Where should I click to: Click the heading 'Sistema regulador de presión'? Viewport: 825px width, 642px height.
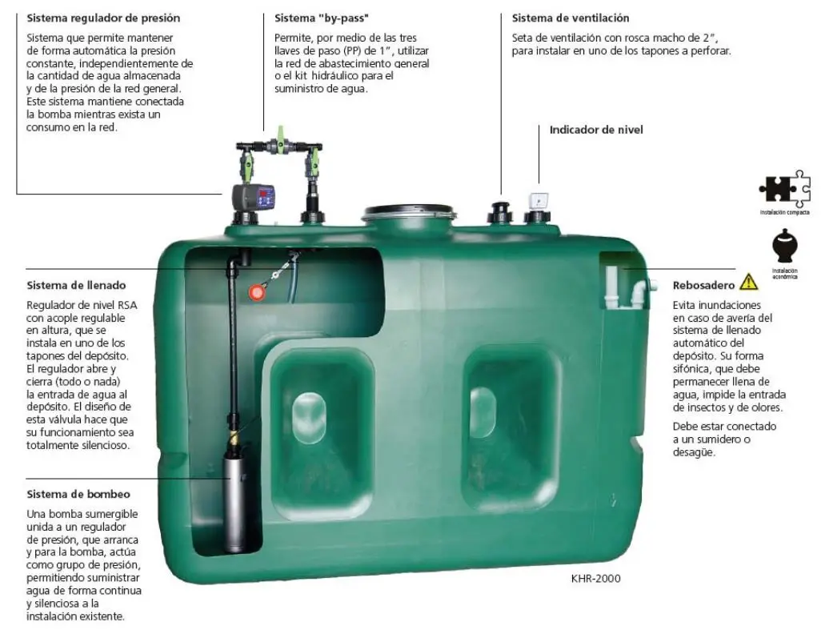(103, 18)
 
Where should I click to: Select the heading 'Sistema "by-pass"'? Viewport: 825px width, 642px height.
(322, 18)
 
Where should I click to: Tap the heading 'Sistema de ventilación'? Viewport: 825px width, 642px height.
(571, 18)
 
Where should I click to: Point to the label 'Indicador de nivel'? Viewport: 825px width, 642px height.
(596, 130)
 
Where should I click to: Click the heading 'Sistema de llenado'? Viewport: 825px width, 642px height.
(76, 285)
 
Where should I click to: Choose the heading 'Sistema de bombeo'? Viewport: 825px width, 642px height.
(78, 494)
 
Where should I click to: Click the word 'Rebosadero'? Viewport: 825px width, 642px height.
(703, 285)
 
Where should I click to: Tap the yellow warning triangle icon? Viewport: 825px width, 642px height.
(748, 282)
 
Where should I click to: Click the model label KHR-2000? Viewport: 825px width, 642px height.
(595, 578)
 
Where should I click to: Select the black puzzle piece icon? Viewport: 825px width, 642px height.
(784, 189)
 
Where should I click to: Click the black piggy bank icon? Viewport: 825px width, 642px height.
(784, 246)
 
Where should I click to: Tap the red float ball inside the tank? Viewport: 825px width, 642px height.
(256, 292)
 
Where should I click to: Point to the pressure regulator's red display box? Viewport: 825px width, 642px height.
(266, 197)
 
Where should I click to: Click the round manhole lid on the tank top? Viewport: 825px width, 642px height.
(408, 212)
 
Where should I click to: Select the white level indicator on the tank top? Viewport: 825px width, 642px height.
(538, 202)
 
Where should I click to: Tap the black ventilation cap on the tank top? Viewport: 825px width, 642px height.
(499, 212)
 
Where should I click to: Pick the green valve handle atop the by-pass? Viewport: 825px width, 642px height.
(280, 132)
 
